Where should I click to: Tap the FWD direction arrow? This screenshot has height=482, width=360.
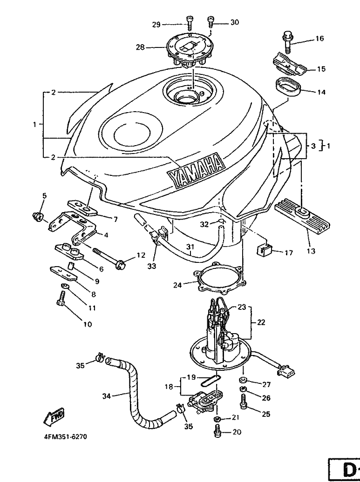54,417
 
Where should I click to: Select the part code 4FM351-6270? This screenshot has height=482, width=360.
63,436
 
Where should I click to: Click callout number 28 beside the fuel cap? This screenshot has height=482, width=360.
140,47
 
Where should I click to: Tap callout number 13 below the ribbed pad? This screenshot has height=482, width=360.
311,251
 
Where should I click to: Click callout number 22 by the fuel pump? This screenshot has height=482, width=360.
261,322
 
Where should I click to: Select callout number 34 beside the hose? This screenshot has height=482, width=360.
107,396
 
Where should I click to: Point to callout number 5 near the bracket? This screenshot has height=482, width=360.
44,195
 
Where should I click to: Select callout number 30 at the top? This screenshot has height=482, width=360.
234,22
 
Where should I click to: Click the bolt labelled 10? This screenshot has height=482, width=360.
61,298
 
